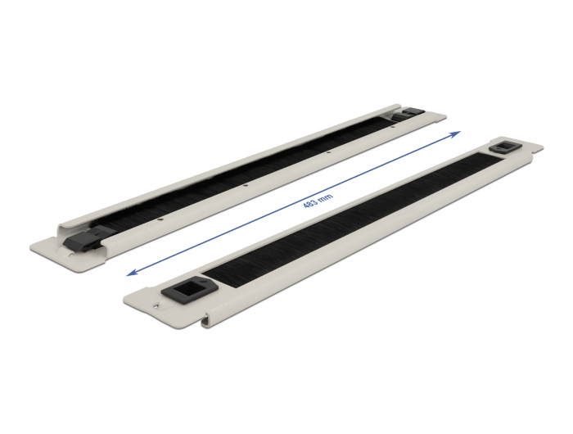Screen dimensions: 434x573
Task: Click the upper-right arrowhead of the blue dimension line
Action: coord(458,131)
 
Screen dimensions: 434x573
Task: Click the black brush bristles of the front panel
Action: coord(344,221)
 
